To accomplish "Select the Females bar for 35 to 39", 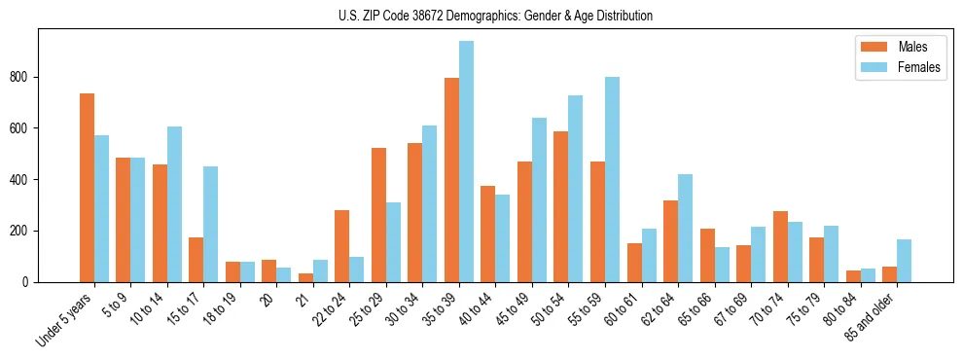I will [x=466, y=162].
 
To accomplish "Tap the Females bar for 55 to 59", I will [x=612, y=180].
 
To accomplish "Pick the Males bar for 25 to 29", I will [x=378, y=215].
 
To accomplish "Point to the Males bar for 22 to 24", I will [x=342, y=246].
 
